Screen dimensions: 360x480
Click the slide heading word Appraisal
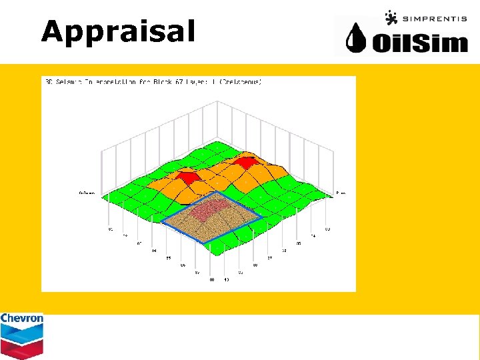[x=118, y=31]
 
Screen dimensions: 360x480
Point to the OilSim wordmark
[x=420, y=43]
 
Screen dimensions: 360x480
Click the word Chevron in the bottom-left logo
[x=21, y=319]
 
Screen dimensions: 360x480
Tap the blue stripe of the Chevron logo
[x=21, y=331]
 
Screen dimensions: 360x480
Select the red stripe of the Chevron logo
[x=21, y=347]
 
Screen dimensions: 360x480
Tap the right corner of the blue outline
[x=262, y=217]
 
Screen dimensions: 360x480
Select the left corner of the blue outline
[x=161, y=221]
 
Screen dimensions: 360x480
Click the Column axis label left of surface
[x=87, y=193]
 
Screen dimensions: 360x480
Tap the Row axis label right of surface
[x=341, y=193]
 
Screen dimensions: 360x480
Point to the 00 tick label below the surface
[x=213, y=279]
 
